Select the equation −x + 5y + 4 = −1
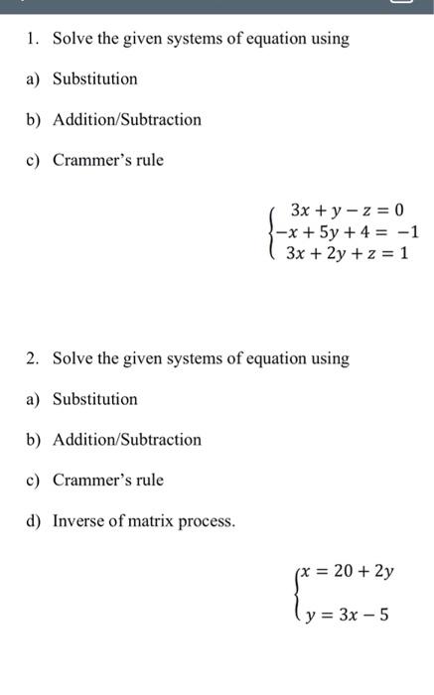(349, 232)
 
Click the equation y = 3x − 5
(348, 615)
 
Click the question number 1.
(32, 40)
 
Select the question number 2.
(32, 358)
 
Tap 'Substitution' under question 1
(95, 79)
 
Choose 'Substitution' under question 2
(95, 399)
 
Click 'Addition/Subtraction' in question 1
(126, 120)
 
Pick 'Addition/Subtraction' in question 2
(126, 440)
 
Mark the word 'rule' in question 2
(149, 481)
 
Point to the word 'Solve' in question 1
(72, 40)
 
